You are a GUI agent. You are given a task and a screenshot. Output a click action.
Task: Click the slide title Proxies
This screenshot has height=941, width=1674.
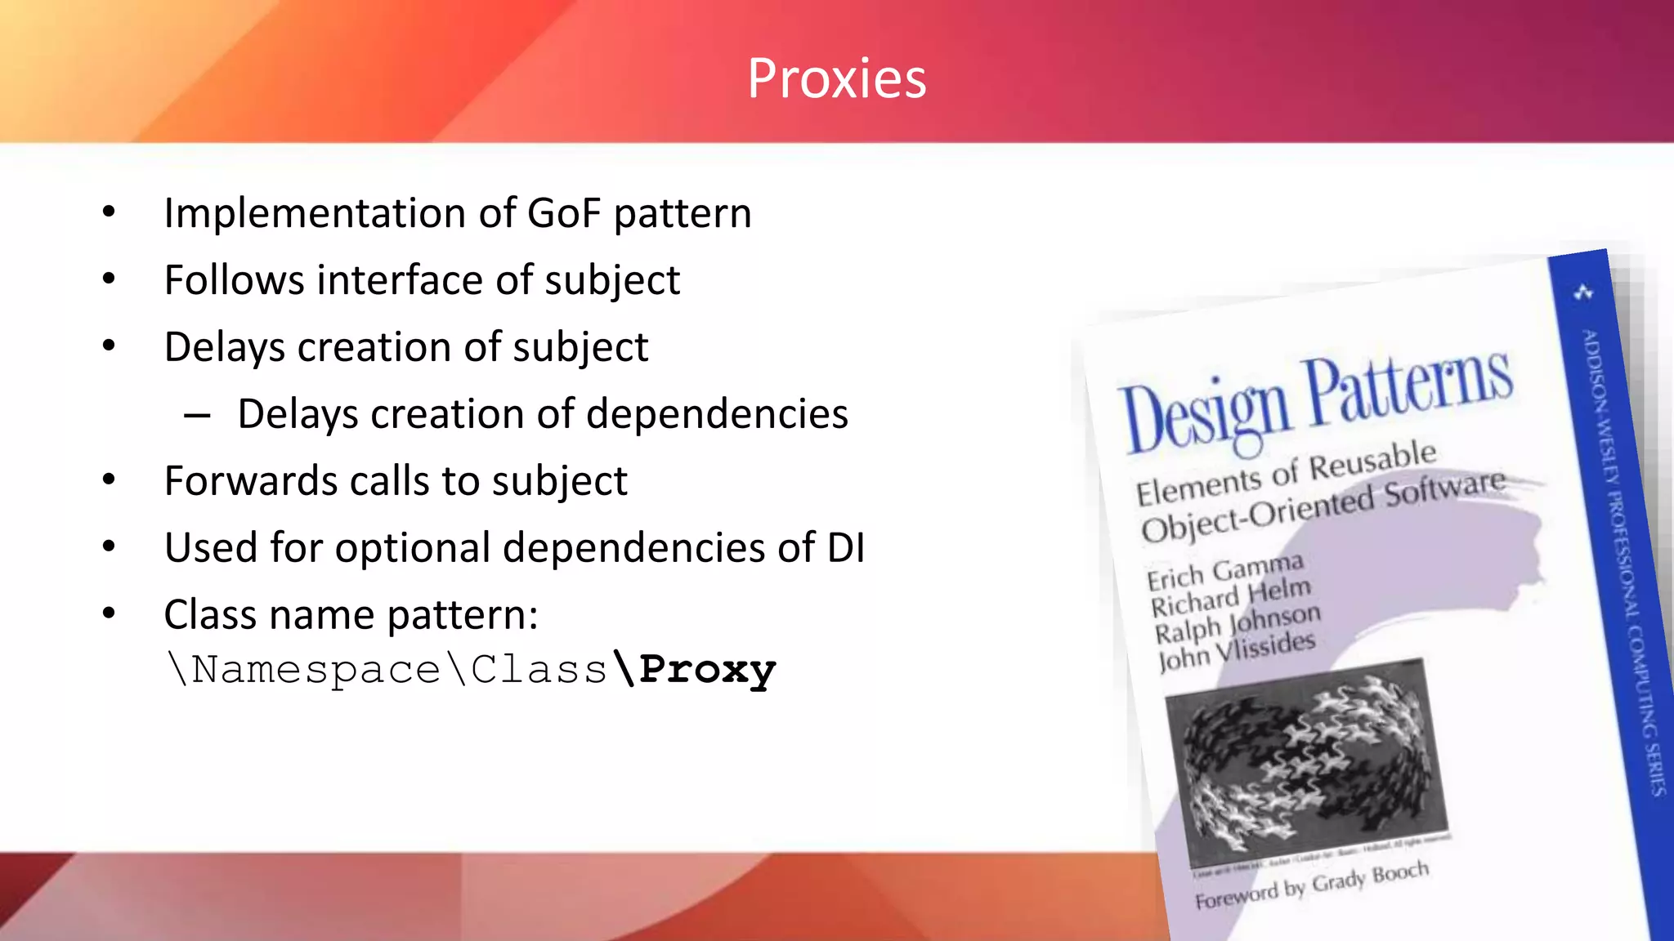click(x=837, y=79)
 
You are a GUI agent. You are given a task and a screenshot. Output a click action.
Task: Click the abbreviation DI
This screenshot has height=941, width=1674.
click(x=845, y=547)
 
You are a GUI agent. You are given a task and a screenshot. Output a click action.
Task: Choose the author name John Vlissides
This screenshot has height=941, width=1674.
click(x=1237, y=651)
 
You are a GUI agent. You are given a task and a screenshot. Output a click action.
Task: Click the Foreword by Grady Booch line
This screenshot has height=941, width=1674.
click(x=1311, y=885)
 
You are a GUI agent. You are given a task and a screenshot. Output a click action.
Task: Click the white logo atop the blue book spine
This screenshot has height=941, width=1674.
click(x=1583, y=292)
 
